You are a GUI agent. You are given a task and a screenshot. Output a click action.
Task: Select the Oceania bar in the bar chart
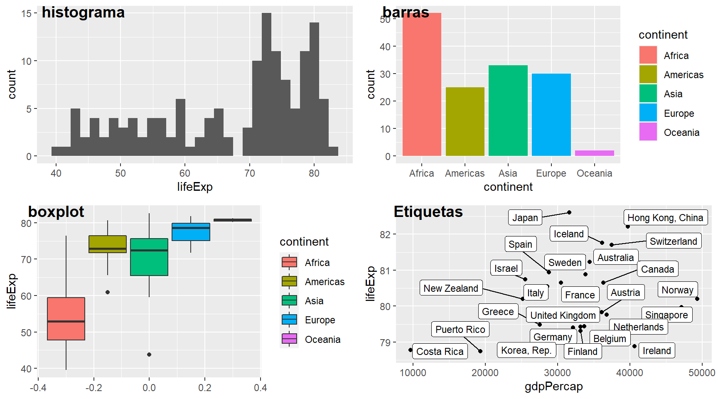[x=594, y=153]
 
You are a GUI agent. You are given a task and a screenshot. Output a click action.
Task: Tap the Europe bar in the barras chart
[x=551, y=115]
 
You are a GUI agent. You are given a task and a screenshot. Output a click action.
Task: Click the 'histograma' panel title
[x=83, y=12]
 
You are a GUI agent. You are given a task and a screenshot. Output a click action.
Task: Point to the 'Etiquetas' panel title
[x=428, y=212]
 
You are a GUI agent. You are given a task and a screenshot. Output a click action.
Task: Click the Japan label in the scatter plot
[x=525, y=217]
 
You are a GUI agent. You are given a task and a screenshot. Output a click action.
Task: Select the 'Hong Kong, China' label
[x=665, y=218]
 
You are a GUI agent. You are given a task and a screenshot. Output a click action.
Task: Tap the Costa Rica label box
[x=440, y=352]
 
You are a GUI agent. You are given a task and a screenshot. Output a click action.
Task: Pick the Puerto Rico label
[x=460, y=330]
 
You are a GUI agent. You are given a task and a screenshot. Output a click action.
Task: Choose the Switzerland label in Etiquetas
[x=673, y=241]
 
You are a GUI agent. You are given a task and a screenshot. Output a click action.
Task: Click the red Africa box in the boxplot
[x=66, y=319]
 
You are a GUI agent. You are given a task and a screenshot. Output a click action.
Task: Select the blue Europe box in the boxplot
[x=191, y=232]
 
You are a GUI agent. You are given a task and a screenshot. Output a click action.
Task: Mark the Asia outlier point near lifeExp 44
[x=149, y=355]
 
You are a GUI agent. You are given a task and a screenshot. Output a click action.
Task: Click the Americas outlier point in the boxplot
[x=108, y=292]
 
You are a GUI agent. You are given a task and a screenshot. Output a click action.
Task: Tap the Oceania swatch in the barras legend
[x=648, y=132]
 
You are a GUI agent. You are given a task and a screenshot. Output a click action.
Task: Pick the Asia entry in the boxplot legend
[x=289, y=300]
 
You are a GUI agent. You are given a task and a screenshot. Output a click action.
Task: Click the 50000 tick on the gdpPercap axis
[x=701, y=373]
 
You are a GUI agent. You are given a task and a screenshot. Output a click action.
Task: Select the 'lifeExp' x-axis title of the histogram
[x=194, y=187]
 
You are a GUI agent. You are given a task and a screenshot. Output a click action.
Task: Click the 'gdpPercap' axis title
[x=553, y=387]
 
